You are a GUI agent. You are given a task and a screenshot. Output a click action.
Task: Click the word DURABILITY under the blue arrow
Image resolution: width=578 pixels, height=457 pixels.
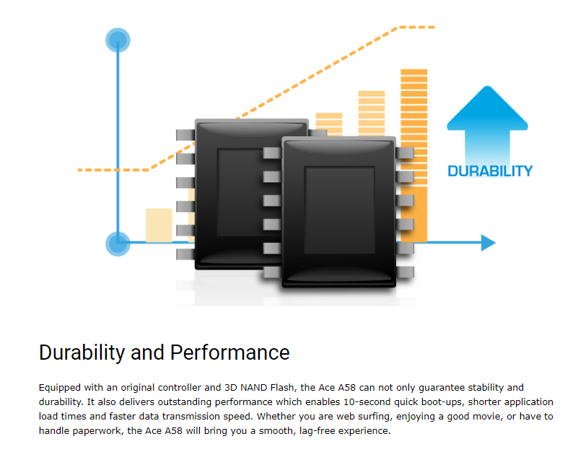490,172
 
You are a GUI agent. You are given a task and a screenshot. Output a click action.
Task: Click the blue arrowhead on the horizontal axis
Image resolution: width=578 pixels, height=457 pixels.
489,243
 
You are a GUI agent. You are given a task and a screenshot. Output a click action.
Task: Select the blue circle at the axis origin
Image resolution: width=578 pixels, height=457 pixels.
118,244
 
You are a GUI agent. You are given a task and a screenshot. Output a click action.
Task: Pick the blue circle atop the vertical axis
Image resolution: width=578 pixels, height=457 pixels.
118,40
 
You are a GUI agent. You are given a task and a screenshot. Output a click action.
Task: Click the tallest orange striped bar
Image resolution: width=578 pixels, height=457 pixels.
414,155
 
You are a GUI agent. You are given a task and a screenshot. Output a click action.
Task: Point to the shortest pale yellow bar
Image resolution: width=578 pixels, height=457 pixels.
159,225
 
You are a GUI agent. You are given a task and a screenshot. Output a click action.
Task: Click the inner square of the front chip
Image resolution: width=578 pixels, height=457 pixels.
339,210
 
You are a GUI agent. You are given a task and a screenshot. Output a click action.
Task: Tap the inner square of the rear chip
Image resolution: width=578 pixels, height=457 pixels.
240,192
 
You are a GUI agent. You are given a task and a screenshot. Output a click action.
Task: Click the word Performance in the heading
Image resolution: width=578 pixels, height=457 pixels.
229,352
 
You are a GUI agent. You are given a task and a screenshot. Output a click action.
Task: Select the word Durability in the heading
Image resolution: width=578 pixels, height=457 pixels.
82,352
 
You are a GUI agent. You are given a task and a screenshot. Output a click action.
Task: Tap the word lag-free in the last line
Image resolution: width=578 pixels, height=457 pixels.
317,430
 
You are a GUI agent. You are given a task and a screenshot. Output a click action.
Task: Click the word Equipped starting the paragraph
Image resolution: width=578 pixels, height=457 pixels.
60,388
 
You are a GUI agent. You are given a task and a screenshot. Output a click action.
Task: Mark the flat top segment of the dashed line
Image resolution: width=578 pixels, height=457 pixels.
417,27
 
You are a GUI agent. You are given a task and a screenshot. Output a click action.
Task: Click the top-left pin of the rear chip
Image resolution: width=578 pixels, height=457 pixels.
185,135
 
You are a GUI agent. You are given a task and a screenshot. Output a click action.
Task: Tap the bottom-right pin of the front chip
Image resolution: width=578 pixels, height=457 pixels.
405,272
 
